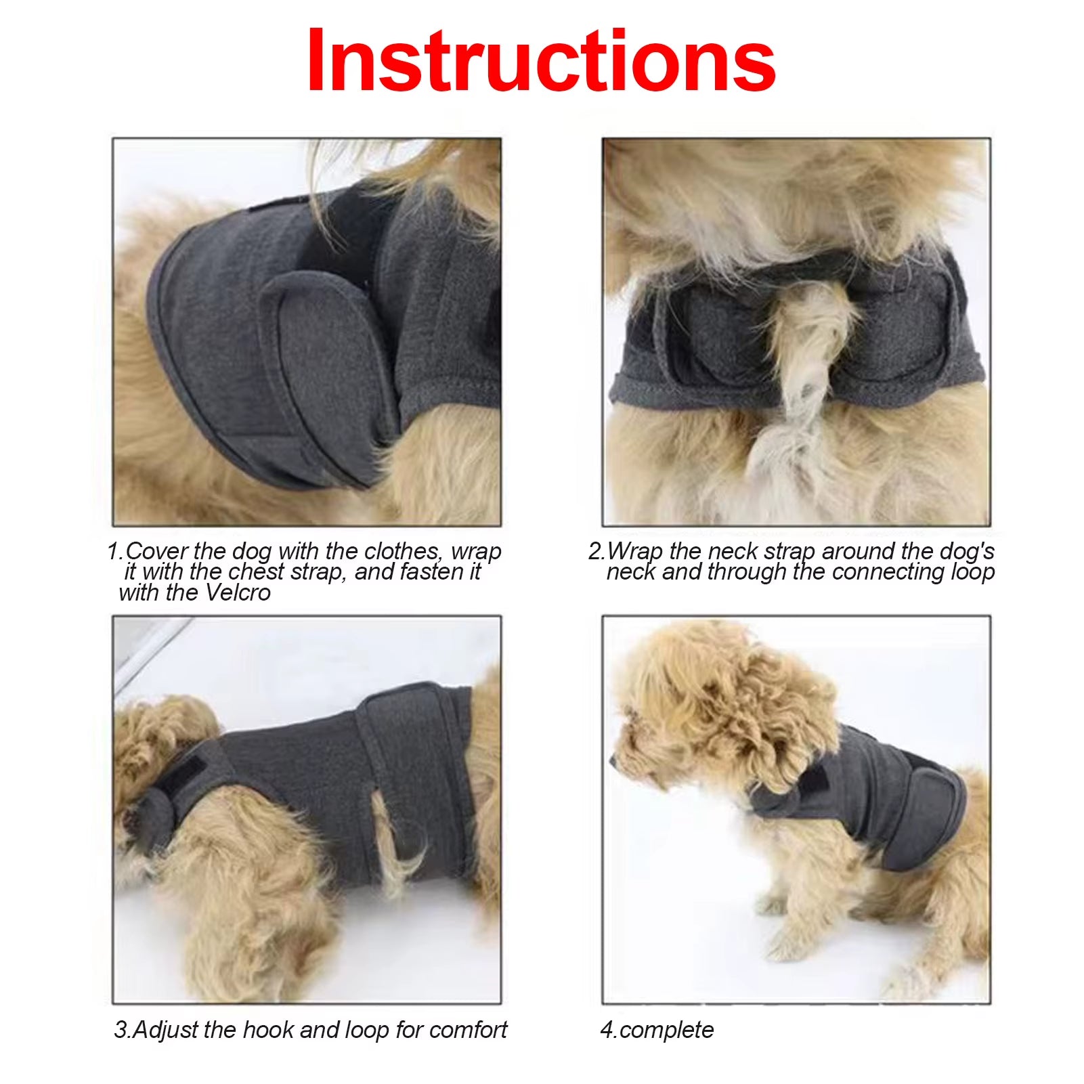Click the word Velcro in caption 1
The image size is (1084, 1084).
238,593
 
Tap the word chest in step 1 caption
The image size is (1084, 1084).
256,572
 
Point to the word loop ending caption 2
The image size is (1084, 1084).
972,573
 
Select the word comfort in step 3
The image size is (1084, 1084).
468,1030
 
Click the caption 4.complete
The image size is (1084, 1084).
657,1030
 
